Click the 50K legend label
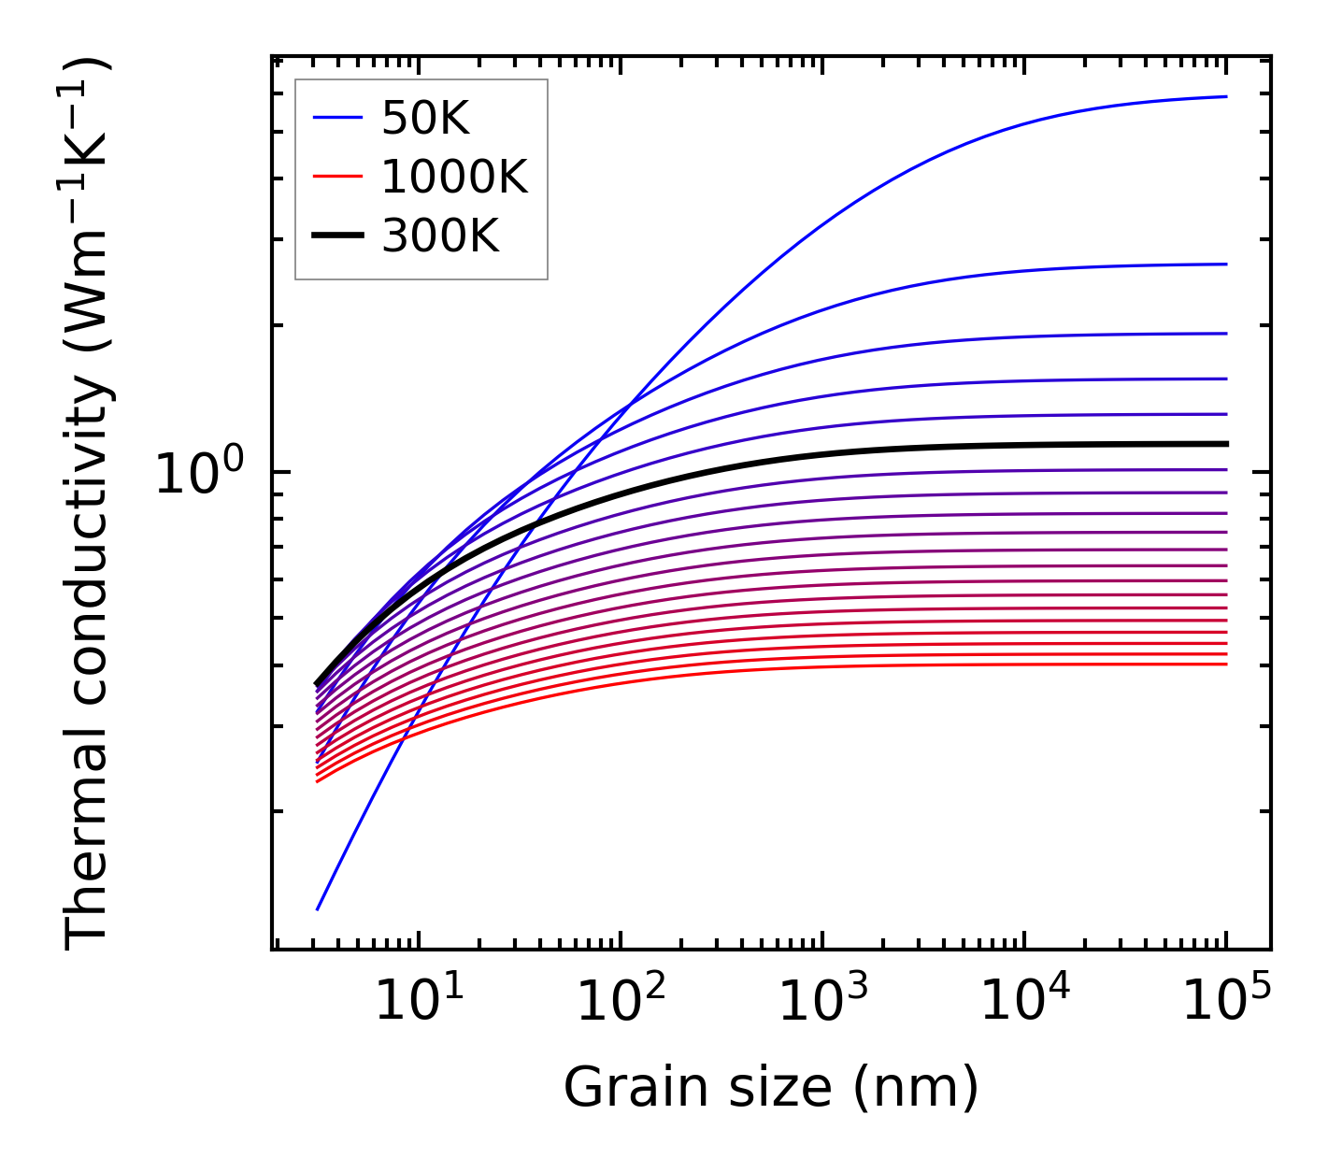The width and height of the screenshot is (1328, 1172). [425, 119]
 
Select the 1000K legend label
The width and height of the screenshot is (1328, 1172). [454, 177]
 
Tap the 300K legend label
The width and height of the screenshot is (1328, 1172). [440, 236]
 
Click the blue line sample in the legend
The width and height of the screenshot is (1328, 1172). [336, 118]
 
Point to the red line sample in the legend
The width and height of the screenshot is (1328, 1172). [336, 176]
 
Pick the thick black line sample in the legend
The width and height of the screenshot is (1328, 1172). [336, 236]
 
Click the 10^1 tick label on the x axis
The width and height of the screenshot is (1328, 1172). [419, 1003]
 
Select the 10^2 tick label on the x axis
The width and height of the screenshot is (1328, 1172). [621, 1003]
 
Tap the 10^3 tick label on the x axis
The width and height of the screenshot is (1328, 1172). [822, 1003]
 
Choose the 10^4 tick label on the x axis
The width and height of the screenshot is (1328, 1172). [1024, 1003]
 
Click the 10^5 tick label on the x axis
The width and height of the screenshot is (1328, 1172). [1226, 1003]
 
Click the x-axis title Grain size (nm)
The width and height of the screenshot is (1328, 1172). [771, 1088]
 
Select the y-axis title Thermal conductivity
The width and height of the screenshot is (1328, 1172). [89, 505]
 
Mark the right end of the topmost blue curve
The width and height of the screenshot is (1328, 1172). [1226, 96]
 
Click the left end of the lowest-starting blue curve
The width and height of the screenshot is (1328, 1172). [318, 908]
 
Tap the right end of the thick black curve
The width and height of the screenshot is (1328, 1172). [1226, 444]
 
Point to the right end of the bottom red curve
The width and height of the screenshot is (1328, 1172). [1226, 664]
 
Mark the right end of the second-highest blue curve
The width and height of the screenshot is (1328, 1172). [1226, 264]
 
